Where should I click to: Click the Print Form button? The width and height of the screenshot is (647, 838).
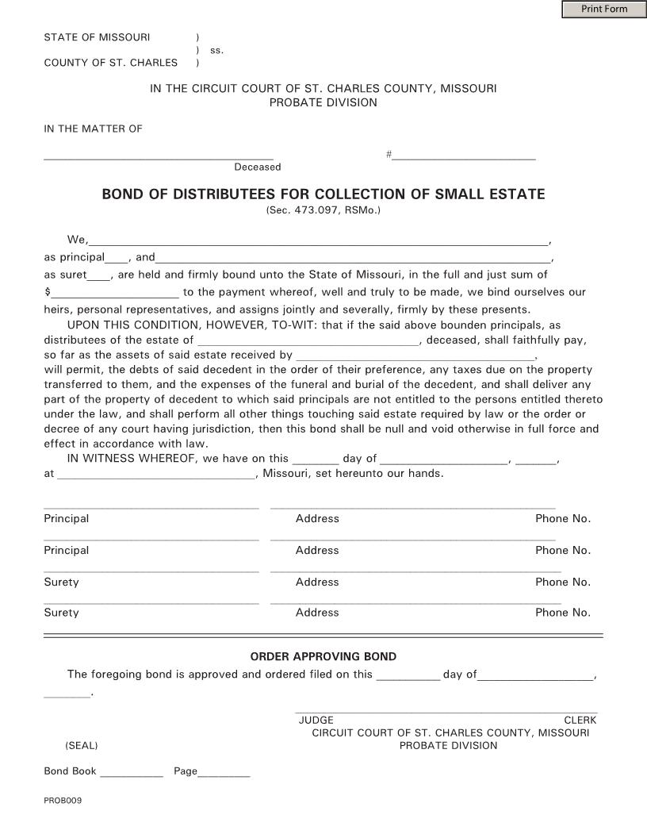click(603, 10)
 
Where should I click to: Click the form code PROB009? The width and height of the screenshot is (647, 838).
click(63, 800)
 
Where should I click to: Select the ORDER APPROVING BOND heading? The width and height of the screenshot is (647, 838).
click(323, 656)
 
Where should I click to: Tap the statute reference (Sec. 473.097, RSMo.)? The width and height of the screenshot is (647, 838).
click(323, 210)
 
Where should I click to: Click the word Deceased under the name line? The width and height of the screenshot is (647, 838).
click(257, 167)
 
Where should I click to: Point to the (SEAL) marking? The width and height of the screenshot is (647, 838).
click(82, 745)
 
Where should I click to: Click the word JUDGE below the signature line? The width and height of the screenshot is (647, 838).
click(316, 720)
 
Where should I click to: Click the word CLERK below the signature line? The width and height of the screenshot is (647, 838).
click(580, 720)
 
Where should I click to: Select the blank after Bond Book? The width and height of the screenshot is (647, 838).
click(131, 772)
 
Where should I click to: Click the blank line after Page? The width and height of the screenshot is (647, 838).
click(224, 772)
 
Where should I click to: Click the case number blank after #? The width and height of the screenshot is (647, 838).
click(464, 156)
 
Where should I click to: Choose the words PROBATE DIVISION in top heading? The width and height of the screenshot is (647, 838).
click(323, 102)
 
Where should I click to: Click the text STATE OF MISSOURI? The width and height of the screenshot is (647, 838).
click(97, 37)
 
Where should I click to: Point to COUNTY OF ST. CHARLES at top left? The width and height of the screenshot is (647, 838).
click(110, 63)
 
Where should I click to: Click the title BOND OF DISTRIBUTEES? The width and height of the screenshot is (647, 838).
click(323, 194)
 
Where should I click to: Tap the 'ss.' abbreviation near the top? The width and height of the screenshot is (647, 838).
click(216, 50)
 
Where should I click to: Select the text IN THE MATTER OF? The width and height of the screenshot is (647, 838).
click(93, 129)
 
